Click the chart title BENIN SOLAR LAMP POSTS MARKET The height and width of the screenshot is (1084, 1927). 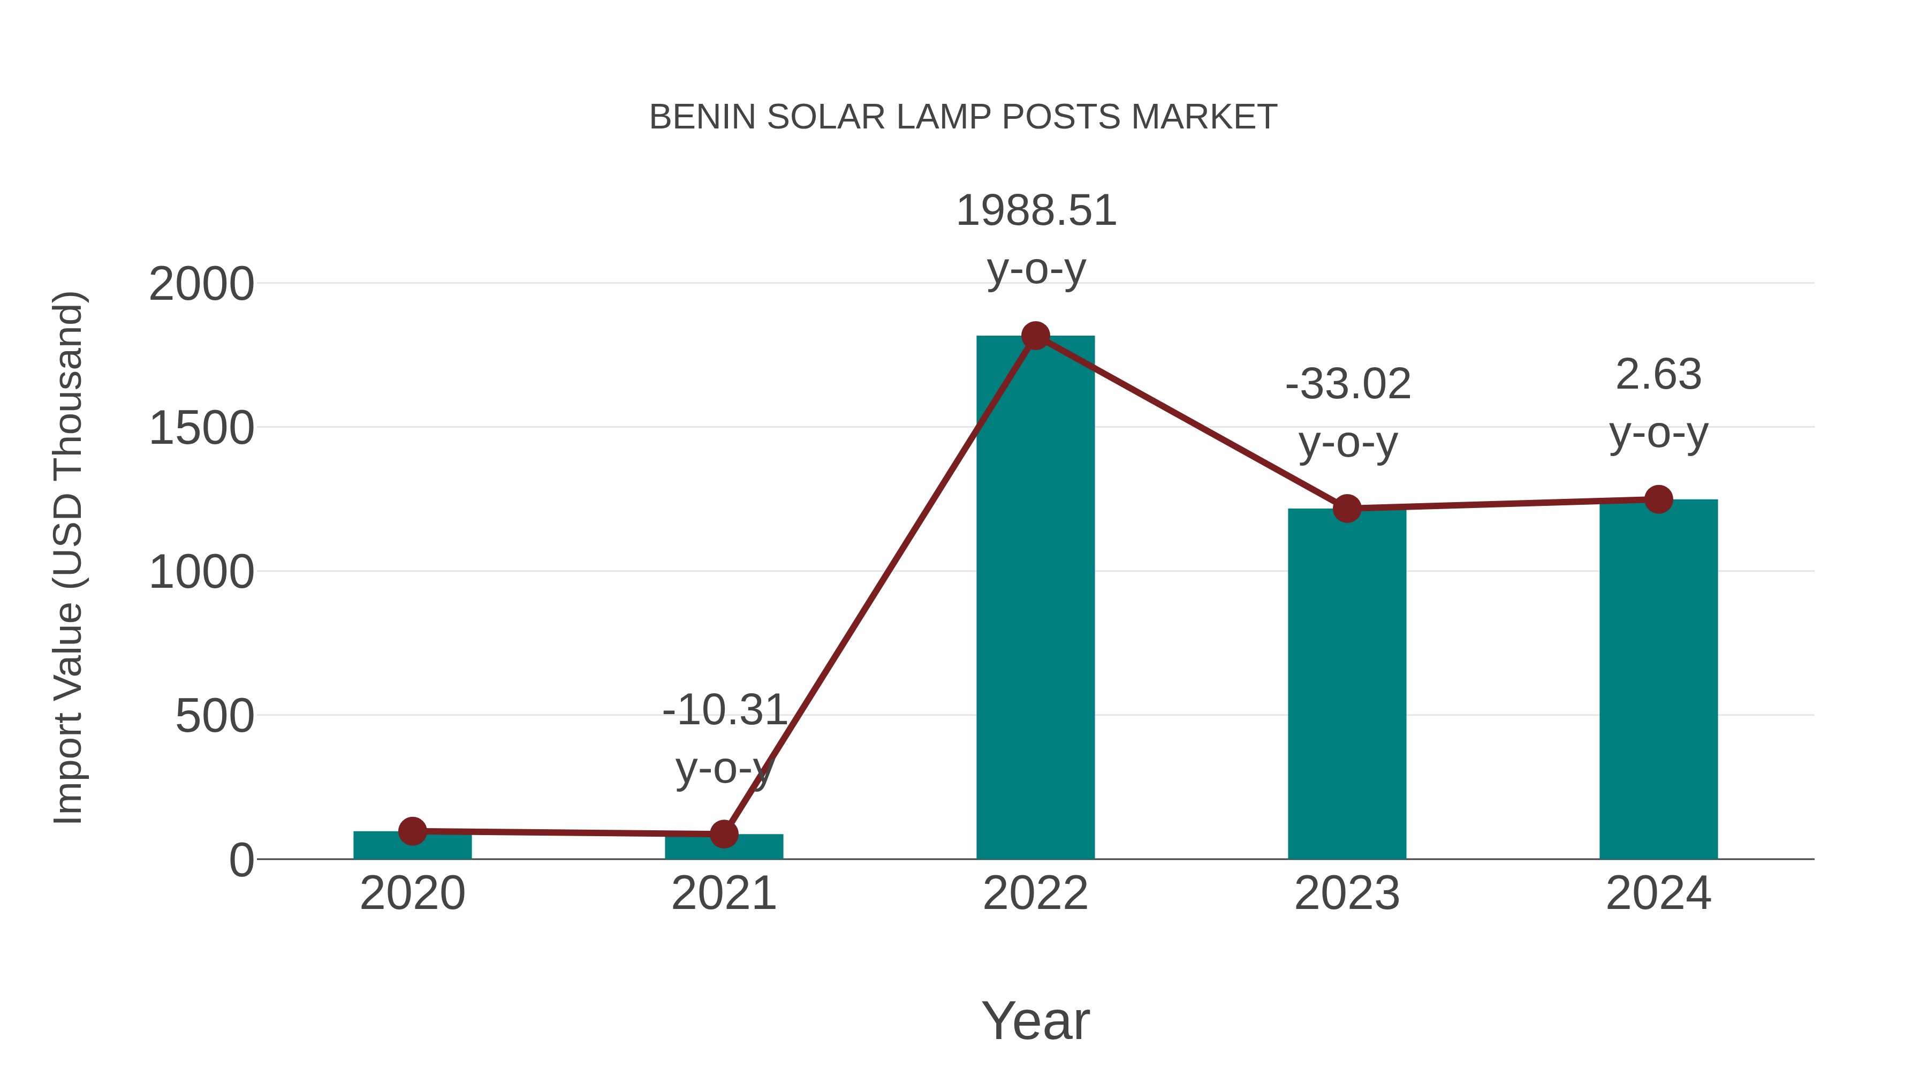pos(963,117)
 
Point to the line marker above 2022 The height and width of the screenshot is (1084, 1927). pos(1035,336)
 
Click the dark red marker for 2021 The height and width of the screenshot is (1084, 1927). pos(723,833)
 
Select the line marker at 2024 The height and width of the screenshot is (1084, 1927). pos(1658,499)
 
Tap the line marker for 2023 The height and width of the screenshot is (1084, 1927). pos(1347,509)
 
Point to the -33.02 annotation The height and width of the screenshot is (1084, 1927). pos(1347,384)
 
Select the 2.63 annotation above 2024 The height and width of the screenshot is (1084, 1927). pos(1658,375)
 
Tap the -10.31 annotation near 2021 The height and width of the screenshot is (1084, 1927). pos(724,710)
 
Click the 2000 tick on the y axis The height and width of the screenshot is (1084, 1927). pos(201,285)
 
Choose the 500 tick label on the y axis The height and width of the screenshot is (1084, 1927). pos(215,717)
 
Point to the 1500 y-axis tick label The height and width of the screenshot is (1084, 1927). pos(201,429)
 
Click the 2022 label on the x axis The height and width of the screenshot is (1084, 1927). pos(1035,894)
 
